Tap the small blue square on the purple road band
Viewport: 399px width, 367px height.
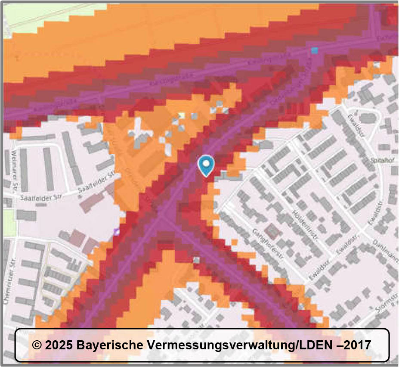(x=315, y=50)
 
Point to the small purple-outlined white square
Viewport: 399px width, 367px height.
(x=116, y=232)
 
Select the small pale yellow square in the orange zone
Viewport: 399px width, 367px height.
(x=182, y=115)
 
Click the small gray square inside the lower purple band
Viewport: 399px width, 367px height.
(x=196, y=260)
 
